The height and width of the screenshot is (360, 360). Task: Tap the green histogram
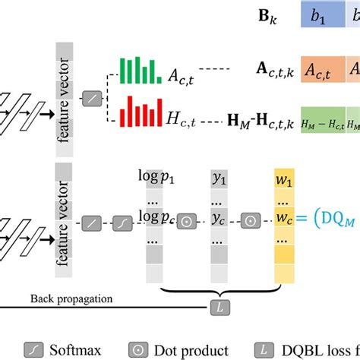139,71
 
